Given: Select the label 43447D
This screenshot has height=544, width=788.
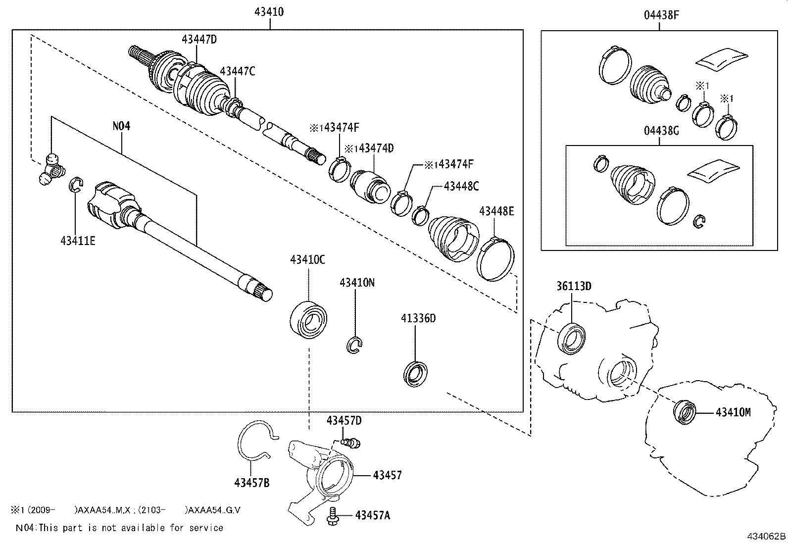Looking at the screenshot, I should coord(199,39).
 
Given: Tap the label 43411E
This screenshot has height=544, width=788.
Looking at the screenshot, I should coord(78,241).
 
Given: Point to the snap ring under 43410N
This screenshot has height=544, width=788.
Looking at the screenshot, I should coord(355,345).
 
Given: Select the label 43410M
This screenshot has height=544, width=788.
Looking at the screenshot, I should coord(733,412).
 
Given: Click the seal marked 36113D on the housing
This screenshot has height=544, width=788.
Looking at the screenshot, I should coord(572,338).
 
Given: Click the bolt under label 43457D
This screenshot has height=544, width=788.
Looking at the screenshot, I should coord(352,442).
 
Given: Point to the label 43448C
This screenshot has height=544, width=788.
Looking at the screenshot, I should coord(461,186).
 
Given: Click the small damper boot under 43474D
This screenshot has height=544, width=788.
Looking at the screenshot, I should coord(369,186).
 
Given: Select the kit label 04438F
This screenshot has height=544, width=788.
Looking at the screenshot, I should coord(661,15).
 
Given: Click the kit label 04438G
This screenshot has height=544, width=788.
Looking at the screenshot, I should coord(661,132).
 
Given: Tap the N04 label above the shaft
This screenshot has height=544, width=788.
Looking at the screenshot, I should coord(121,126).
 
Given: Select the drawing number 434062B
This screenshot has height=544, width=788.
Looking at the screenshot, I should coord(766,536).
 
